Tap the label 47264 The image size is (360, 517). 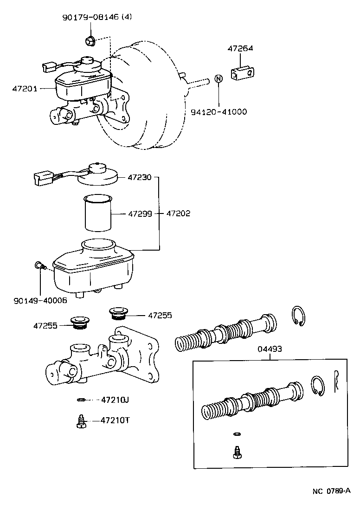tap(240, 48)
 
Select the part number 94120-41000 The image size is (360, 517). tap(219, 112)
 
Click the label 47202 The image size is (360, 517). tap(178, 214)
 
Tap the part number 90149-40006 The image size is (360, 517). tap(40, 300)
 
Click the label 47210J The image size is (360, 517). tap(115, 399)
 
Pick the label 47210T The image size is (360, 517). tap(115, 420)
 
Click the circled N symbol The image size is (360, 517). tap(219, 79)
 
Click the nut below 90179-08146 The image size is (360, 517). tap(90, 42)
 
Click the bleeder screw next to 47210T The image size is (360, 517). tap(80, 421)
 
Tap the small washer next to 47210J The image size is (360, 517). tap(81, 399)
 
